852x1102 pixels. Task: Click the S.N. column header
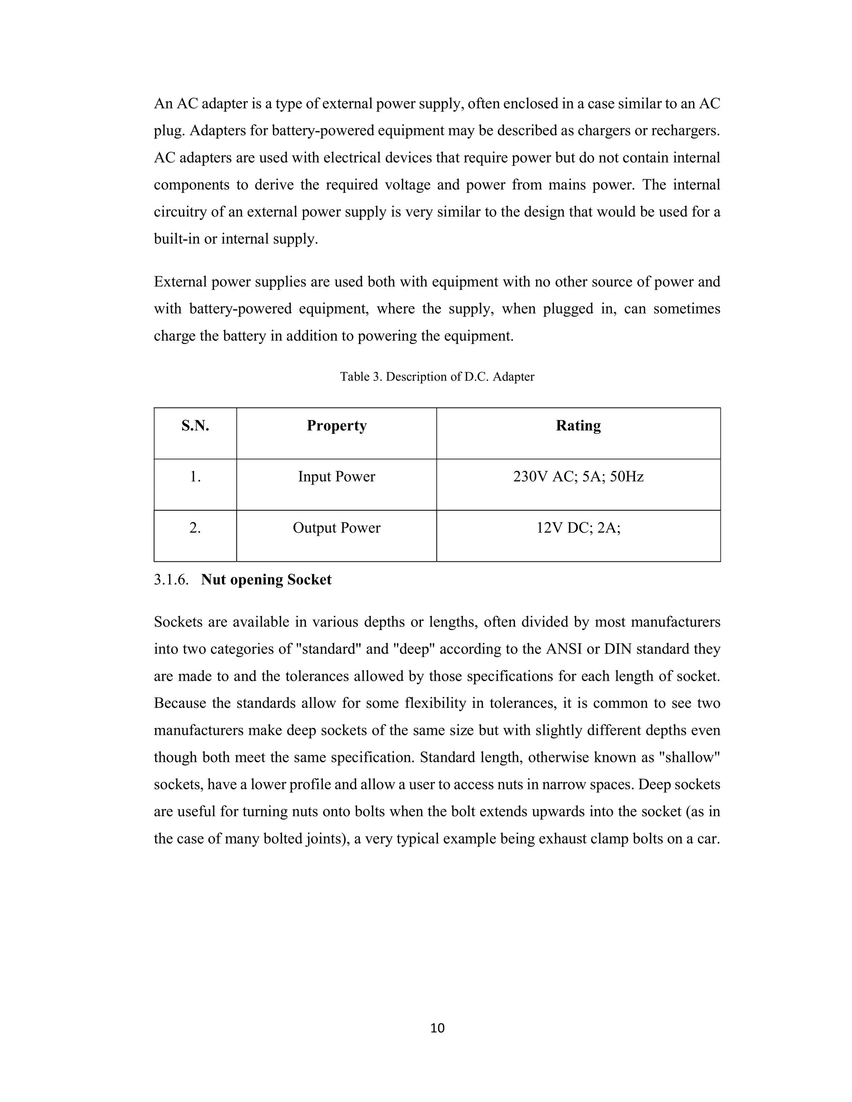tap(196, 426)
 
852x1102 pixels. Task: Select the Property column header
tap(337, 426)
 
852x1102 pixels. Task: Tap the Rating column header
tap(578, 426)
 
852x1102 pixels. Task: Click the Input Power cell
tap(337, 477)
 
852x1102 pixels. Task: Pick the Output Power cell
tap(337, 528)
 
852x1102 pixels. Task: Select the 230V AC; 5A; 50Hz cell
tap(578, 477)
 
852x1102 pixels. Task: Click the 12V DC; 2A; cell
tap(578, 528)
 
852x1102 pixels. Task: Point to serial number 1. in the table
tap(196, 477)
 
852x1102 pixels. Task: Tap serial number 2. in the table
tap(196, 528)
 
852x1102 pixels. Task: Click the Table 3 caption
tap(437, 377)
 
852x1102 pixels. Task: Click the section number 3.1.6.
tap(171, 580)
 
